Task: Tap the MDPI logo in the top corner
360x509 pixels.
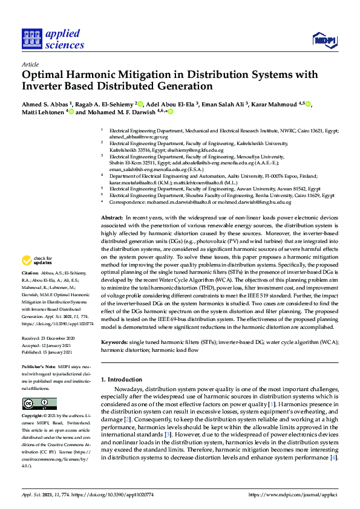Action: [x=324, y=39]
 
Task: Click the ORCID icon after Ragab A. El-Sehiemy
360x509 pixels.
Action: [x=140, y=103]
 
